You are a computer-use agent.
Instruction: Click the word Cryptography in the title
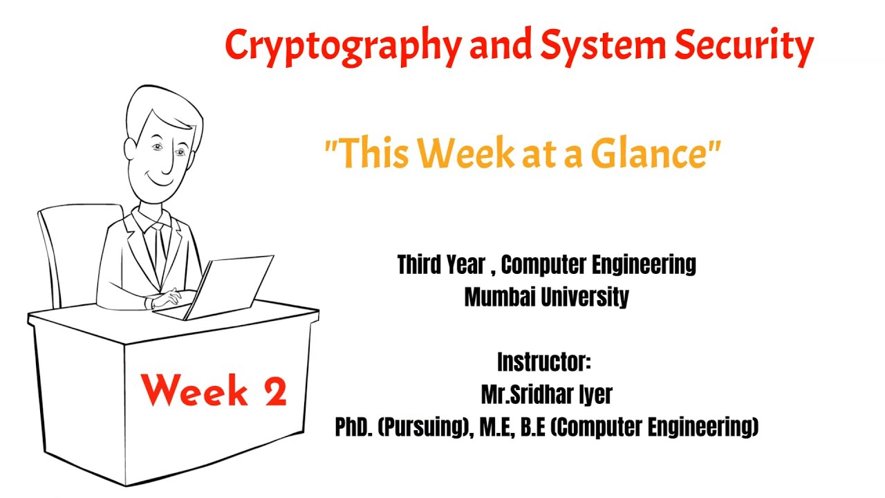(x=342, y=46)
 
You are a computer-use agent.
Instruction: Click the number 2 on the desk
(x=274, y=392)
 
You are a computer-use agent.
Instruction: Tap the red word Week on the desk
(x=196, y=391)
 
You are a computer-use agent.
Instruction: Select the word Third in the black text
(x=422, y=265)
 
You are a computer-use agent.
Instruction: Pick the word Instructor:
(x=544, y=362)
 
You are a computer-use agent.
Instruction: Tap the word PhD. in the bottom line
(x=354, y=427)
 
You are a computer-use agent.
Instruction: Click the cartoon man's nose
(x=167, y=160)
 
